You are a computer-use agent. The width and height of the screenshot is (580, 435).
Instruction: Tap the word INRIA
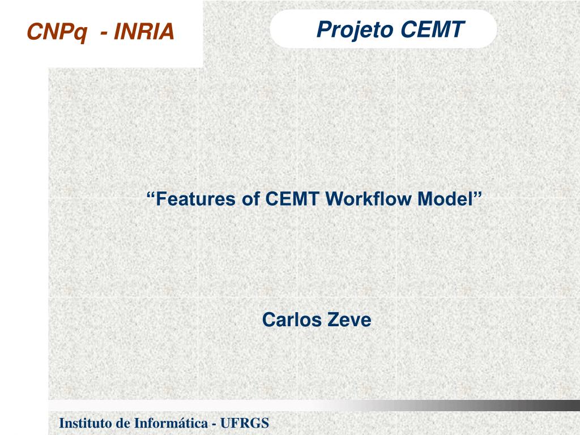pyautogui.click(x=144, y=32)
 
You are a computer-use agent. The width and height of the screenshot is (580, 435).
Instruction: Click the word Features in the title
pyautogui.click(x=195, y=199)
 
